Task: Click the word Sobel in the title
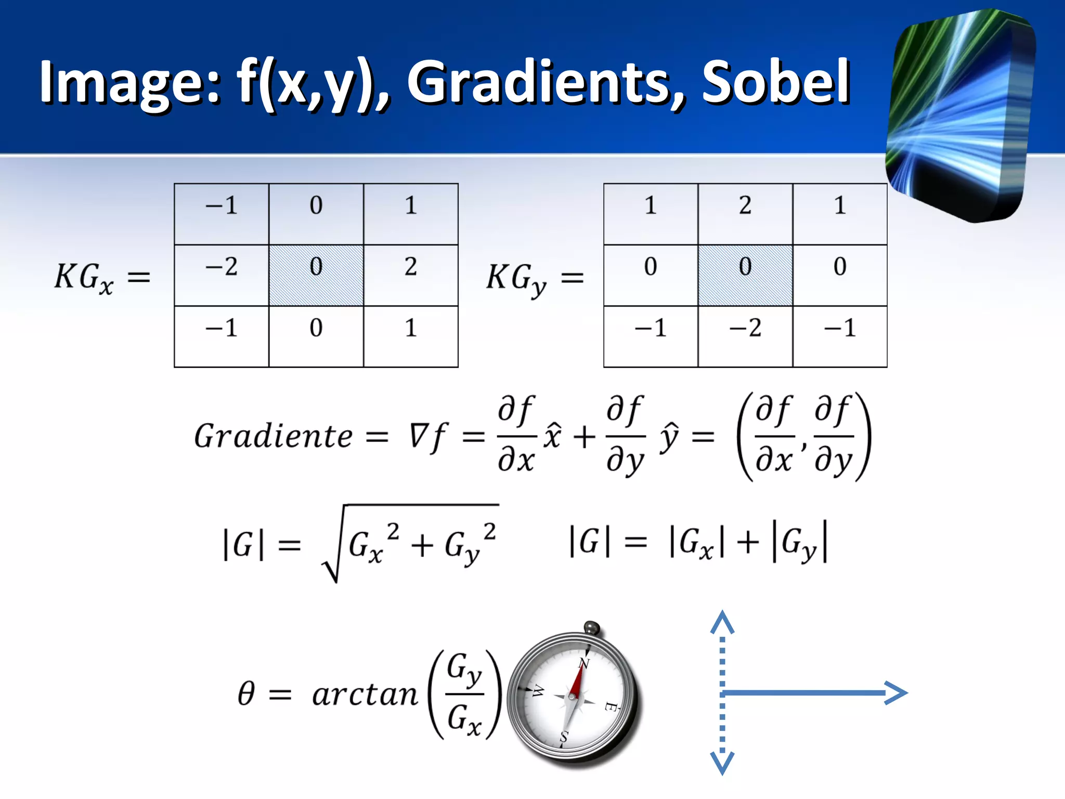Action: pyautogui.click(x=776, y=82)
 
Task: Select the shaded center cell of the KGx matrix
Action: pyautogui.click(x=316, y=275)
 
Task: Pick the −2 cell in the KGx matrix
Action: pyautogui.click(x=222, y=275)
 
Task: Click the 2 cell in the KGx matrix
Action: pyautogui.click(x=411, y=275)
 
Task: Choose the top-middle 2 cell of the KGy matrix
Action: pyautogui.click(x=745, y=213)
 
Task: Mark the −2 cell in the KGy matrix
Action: pyautogui.click(x=745, y=336)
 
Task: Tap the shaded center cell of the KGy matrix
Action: pyautogui.click(x=745, y=275)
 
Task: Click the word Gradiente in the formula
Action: pyautogui.click(x=274, y=436)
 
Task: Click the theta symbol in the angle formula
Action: pyautogui.click(x=246, y=693)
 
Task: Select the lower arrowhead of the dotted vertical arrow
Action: pyautogui.click(x=722, y=763)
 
